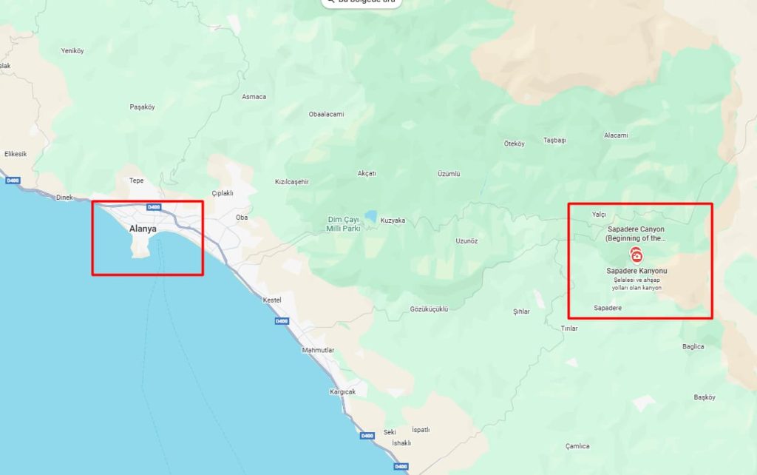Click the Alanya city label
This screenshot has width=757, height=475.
tap(143, 229)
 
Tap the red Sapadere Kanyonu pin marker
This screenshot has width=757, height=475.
tap(637, 255)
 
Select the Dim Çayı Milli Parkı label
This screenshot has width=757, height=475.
tap(343, 224)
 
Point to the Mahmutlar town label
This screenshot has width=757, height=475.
tap(319, 350)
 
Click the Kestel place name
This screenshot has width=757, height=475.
tap(273, 300)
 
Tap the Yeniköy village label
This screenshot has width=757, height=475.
tap(72, 51)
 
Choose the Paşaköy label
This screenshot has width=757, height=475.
tap(142, 107)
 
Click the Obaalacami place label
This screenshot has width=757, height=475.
tap(326, 114)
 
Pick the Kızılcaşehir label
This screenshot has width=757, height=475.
tap(291, 181)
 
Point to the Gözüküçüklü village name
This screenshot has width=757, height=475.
tap(429, 309)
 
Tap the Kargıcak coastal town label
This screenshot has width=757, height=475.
tap(342, 391)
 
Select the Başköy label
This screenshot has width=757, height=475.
tap(705, 397)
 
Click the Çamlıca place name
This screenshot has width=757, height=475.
tap(577, 446)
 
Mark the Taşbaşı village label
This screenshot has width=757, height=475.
tap(554, 140)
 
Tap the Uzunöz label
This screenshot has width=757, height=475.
tap(466, 241)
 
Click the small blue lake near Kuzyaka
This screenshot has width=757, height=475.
tap(370, 215)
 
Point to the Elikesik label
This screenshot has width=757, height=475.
tap(16, 154)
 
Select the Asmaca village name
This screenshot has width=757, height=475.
tap(254, 97)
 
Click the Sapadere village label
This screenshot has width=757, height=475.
tap(608, 307)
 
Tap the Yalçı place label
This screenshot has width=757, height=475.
tap(599, 215)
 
